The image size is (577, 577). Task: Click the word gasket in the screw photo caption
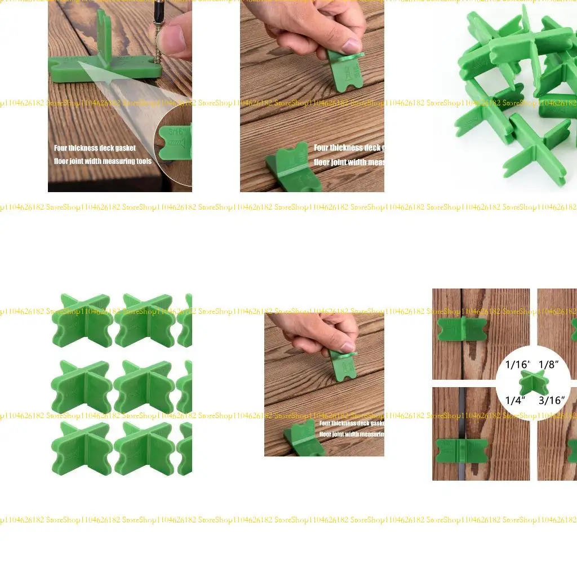[x=125, y=148]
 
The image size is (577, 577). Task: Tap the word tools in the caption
[x=144, y=161]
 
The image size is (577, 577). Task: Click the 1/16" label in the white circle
[x=517, y=365]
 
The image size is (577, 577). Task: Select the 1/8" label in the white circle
[x=548, y=365]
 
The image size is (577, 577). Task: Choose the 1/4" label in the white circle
[x=515, y=401]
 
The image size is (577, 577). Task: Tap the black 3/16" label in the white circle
[x=551, y=401]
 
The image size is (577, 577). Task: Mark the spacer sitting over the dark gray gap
[x=461, y=450]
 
